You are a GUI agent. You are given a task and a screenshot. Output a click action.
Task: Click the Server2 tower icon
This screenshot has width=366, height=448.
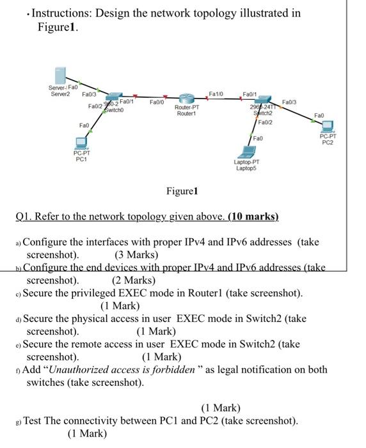coord(61,74)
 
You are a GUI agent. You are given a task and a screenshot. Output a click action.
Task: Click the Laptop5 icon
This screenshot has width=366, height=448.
coord(246,152)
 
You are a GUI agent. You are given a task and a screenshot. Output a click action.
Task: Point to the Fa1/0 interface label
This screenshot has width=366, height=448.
coord(216,94)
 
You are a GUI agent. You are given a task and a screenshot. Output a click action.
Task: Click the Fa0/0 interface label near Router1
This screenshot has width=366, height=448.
coord(157,102)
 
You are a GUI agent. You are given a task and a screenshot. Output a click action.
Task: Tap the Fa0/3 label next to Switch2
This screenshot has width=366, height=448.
coord(289,101)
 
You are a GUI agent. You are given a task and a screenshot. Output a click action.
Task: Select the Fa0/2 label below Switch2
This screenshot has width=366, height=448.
coord(266,122)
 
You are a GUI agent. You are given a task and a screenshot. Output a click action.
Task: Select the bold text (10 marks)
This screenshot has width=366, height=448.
coord(252,216)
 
